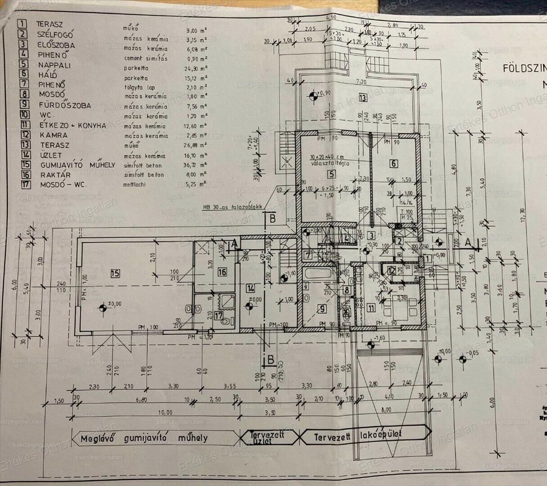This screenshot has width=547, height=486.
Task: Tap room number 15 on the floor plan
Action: [x=115, y=274]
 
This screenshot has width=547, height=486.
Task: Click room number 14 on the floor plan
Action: [x=249, y=288]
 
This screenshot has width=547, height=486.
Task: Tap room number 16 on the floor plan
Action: [x=222, y=272]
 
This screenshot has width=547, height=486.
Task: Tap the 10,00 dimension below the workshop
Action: [x=167, y=412]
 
